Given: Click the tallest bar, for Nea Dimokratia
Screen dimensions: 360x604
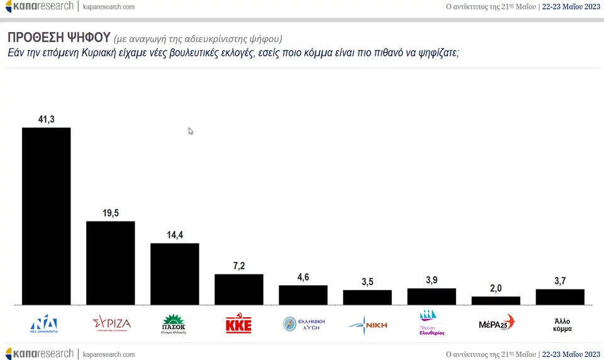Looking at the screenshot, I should (x=46, y=216).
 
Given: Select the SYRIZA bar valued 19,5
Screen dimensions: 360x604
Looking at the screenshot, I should (x=110, y=263).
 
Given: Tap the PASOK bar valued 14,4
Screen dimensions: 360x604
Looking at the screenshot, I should (x=174, y=274).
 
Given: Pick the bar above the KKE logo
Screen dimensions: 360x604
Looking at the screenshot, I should (x=238, y=290).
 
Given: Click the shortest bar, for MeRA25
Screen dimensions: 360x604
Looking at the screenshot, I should (x=496, y=301).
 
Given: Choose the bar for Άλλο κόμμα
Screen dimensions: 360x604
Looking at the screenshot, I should (x=560, y=297).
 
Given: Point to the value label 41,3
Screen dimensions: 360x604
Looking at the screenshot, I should (x=47, y=119).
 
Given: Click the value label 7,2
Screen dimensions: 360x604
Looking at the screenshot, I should (x=239, y=266).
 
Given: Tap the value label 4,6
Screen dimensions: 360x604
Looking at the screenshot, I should (x=303, y=278).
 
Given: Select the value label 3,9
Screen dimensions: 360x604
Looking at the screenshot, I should (x=432, y=280).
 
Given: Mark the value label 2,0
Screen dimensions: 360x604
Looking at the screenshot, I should (x=496, y=288).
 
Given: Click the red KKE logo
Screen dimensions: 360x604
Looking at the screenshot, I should (x=238, y=325).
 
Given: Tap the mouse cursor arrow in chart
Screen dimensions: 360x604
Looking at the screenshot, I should (x=190, y=130).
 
